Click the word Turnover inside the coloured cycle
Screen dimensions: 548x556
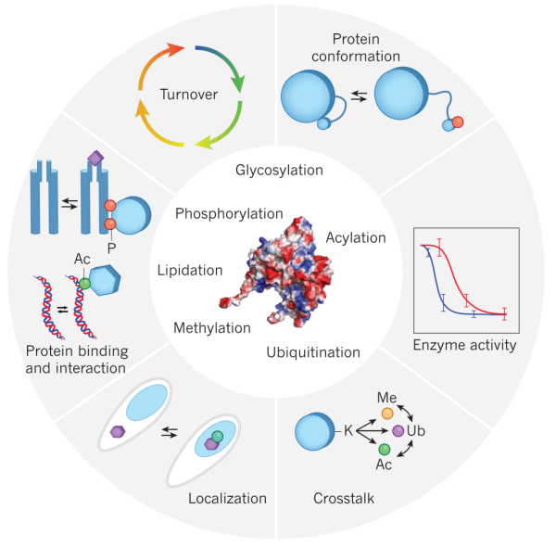click(x=188, y=94)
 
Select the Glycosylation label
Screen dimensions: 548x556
click(x=279, y=171)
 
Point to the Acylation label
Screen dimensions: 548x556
click(x=355, y=238)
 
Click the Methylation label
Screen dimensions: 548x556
click(x=212, y=328)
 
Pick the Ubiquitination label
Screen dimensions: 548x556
click(x=312, y=351)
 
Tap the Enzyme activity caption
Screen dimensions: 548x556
click(x=464, y=347)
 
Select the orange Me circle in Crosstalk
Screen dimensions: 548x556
click(x=386, y=411)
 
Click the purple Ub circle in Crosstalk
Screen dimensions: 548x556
click(x=398, y=431)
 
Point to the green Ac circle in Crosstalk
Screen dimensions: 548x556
click(x=385, y=450)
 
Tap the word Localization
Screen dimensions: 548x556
click(x=227, y=498)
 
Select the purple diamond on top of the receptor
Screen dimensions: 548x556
click(x=94, y=159)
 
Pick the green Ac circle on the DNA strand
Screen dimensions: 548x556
click(x=84, y=283)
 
